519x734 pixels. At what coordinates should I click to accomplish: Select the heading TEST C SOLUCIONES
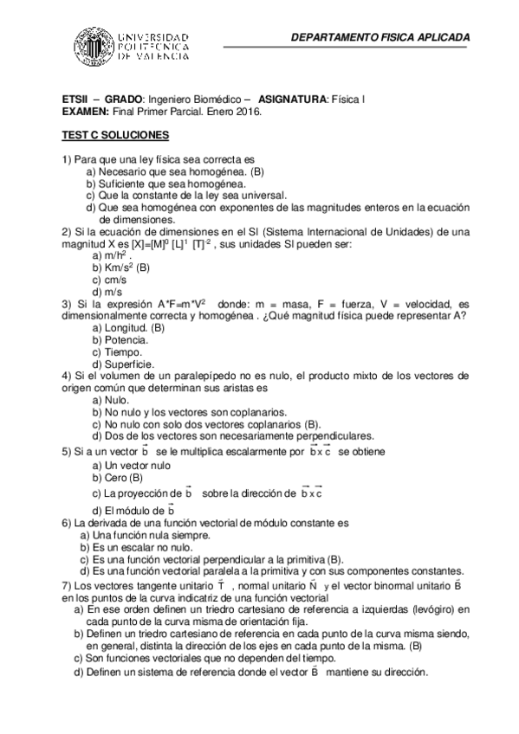tap(115, 136)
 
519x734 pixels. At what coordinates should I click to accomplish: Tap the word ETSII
tap(75, 100)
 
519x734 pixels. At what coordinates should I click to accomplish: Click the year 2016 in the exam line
tap(243, 112)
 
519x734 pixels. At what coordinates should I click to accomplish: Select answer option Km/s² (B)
tap(127, 268)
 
